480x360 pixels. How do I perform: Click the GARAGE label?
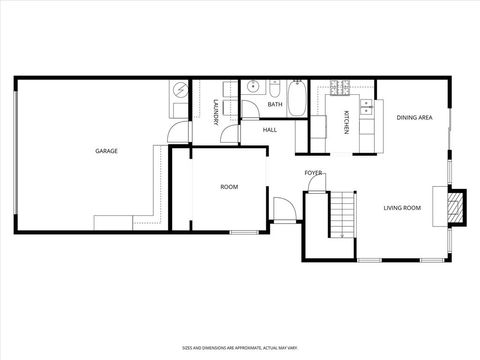[x=106, y=151]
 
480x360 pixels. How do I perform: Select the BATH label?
[x=274, y=104]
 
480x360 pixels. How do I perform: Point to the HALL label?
[x=270, y=130]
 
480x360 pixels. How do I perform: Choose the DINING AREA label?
[x=414, y=118]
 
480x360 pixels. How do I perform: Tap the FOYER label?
[x=314, y=173]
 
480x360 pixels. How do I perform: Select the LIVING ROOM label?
[x=402, y=208]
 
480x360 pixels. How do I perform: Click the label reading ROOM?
[x=229, y=187]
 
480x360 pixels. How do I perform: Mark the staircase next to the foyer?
[x=343, y=215]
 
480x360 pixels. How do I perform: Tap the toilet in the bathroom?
[x=275, y=88]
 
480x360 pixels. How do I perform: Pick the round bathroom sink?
[x=254, y=88]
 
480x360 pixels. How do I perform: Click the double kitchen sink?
[x=367, y=104]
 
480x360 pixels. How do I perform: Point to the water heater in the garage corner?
[x=179, y=89]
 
